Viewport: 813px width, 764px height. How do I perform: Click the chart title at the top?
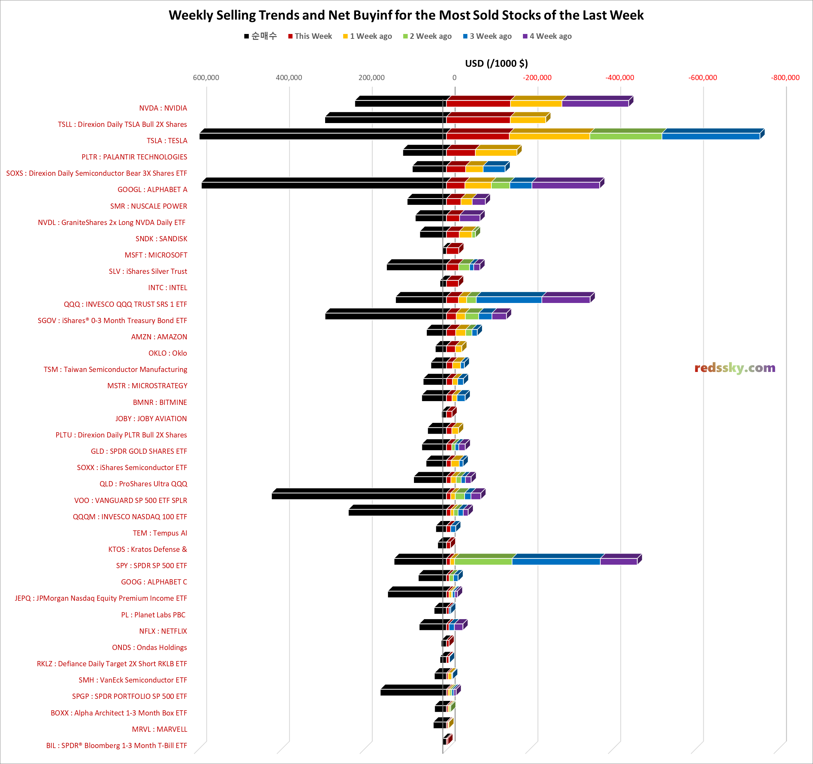coord(406,15)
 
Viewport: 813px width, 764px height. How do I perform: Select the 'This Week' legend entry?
coord(313,36)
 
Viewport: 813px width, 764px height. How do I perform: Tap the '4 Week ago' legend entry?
coord(550,36)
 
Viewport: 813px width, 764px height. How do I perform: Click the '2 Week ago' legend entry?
coord(430,36)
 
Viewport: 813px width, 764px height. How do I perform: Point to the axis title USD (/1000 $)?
coord(496,63)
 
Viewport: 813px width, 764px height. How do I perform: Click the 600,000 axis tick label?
coord(206,78)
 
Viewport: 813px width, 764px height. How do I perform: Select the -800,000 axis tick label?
coord(785,78)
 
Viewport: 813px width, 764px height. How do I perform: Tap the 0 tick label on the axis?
coord(454,78)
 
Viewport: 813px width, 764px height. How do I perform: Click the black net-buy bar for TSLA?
coord(321,136)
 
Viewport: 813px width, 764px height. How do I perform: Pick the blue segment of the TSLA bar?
coord(710,136)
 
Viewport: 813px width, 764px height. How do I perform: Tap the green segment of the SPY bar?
coord(483,561)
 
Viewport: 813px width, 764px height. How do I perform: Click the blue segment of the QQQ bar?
coord(509,300)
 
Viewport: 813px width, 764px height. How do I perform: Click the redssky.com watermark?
coord(735,368)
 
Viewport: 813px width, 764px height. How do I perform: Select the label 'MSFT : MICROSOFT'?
coord(156,255)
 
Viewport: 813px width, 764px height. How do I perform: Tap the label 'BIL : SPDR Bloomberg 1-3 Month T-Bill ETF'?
coord(117,746)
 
